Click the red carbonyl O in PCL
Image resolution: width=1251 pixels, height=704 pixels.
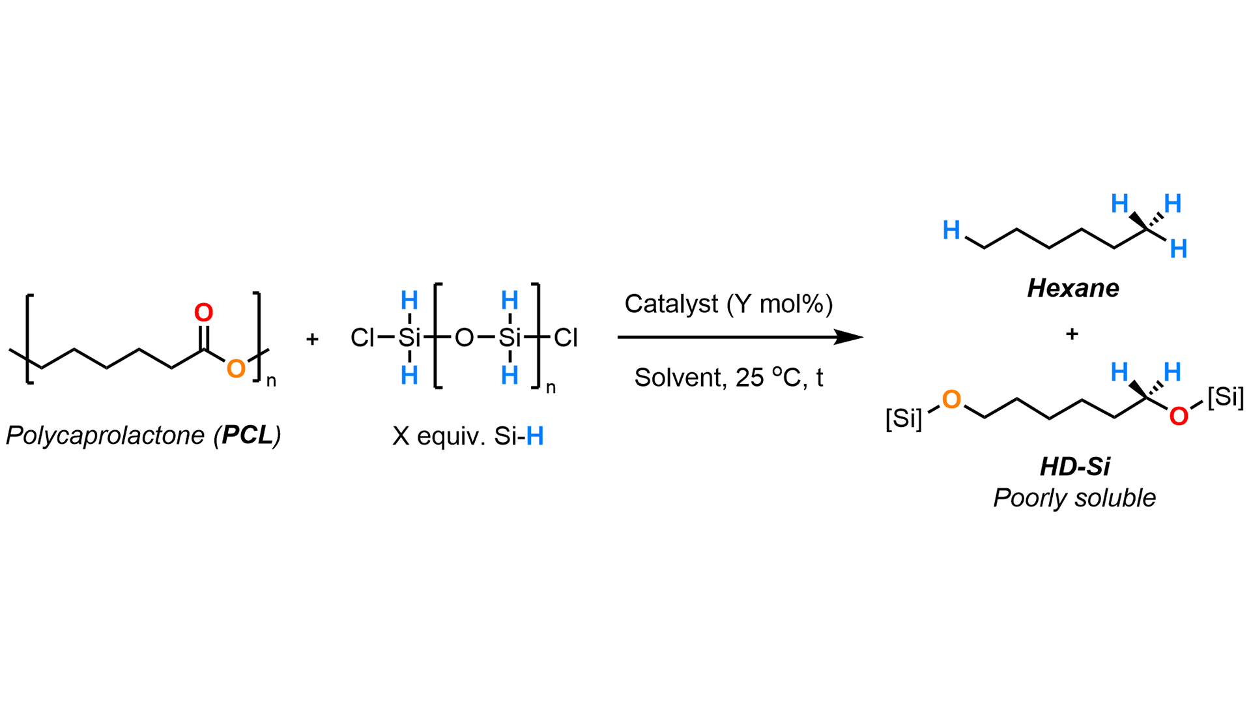203,313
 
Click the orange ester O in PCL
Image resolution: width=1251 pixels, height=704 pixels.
236,369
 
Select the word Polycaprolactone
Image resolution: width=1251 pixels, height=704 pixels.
105,435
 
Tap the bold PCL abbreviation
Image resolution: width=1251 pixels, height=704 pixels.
247,435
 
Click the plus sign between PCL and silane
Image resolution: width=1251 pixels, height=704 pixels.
312,339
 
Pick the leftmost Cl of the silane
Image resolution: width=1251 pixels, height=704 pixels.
362,338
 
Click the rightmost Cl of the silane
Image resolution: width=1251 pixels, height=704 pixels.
566,338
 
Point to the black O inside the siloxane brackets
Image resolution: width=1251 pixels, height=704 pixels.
464,338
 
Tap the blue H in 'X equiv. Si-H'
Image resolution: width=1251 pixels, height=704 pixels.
535,436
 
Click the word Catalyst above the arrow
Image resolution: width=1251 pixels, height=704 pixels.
671,304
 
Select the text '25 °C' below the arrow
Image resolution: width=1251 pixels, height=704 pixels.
768,378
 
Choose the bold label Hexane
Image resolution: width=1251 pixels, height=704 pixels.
1072,288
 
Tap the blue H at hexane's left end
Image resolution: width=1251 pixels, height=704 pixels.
951,230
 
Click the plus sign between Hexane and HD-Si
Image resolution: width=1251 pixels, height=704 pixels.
1072,334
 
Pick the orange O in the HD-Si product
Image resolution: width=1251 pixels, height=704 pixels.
951,400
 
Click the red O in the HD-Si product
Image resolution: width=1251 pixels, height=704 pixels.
1178,416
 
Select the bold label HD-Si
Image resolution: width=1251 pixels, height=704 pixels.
1074,467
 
